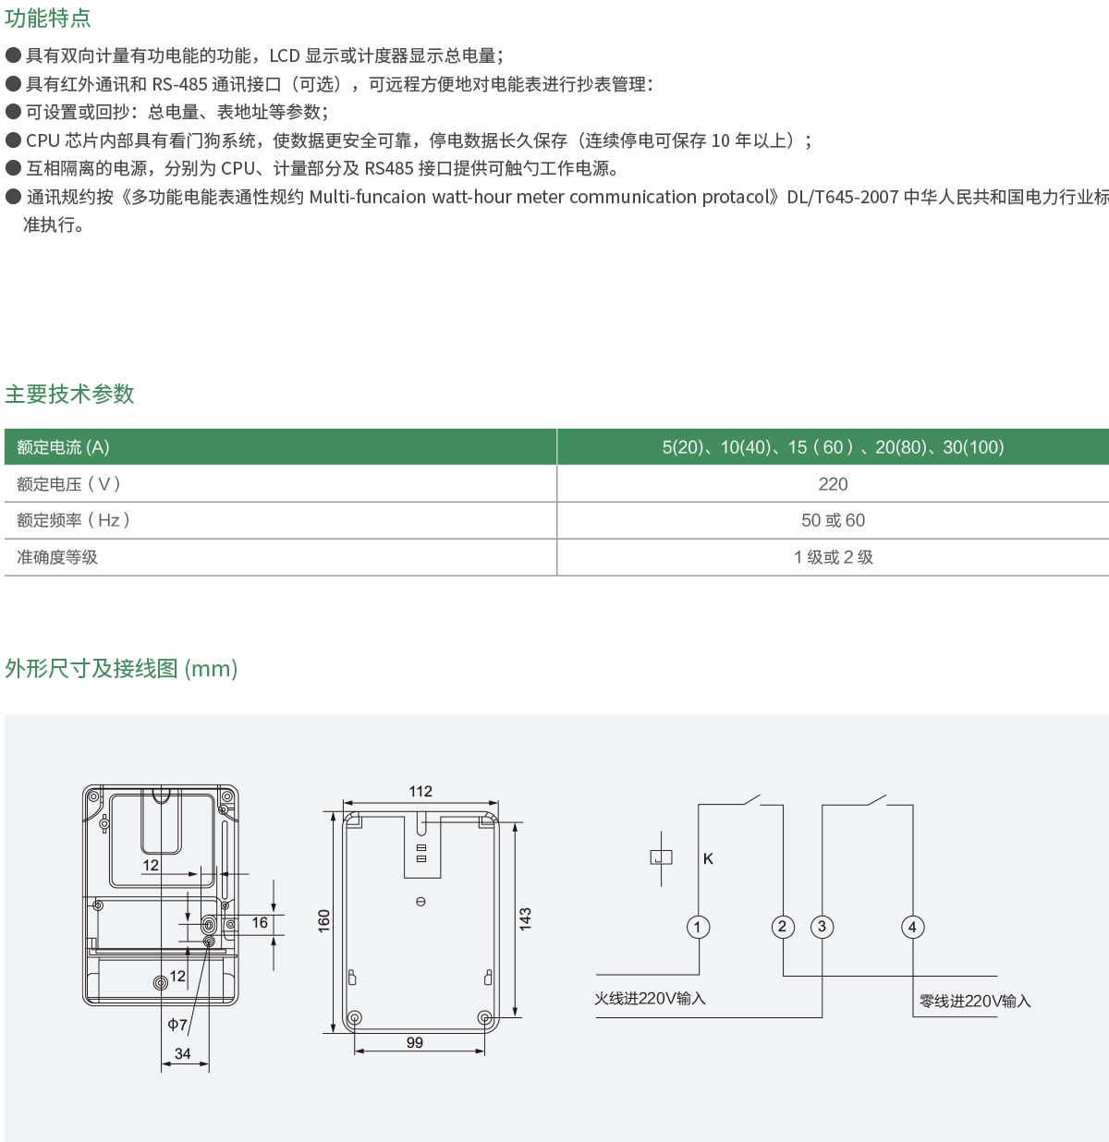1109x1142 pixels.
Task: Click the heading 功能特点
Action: pos(48,18)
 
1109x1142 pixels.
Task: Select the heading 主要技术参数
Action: pos(69,394)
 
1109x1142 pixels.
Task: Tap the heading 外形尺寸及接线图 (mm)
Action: pos(121,668)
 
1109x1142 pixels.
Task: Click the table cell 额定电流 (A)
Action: pos(63,447)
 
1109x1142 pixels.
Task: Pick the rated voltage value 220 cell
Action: pos(833,483)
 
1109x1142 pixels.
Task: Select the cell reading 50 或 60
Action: pos(833,520)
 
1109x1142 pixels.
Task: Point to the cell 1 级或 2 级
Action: pos(833,557)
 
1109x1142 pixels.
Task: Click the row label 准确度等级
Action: pos(57,557)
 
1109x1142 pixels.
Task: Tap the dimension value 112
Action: pos(420,791)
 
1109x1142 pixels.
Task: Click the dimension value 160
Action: pos(324,920)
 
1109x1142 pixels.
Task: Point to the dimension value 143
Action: pos(525,918)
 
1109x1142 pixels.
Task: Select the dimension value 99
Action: pos(415,1042)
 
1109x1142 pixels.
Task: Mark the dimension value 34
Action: pos(183,1053)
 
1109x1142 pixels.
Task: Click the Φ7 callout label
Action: pos(177,1024)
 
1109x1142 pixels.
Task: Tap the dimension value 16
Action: pos(260,922)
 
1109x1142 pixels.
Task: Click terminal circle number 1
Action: pos(699,927)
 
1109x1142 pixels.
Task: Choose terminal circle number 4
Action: pos(912,927)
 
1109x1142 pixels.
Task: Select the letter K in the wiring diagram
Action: pos(708,858)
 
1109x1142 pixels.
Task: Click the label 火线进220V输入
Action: pos(650,998)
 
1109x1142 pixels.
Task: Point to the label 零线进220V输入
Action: pos(975,1001)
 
